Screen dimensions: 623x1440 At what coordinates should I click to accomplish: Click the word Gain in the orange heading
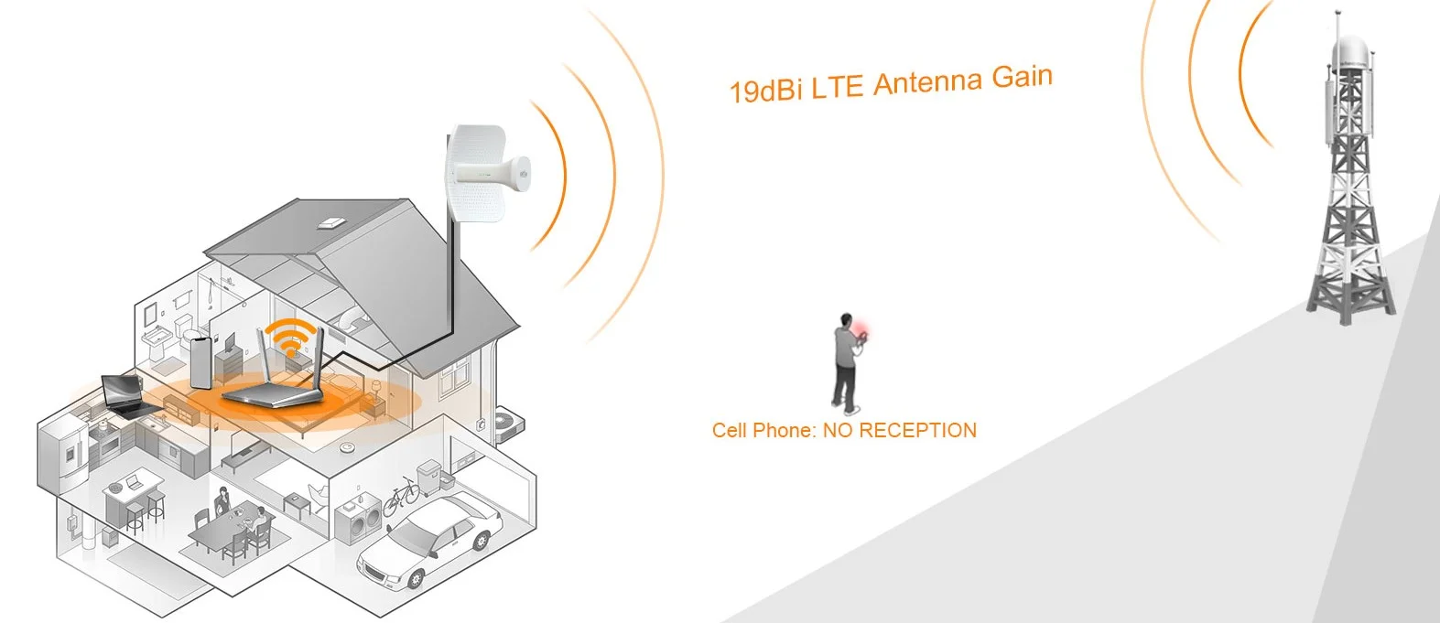point(1022,77)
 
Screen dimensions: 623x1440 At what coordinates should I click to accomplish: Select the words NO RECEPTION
point(899,430)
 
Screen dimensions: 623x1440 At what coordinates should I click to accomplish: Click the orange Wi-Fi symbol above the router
point(292,339)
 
